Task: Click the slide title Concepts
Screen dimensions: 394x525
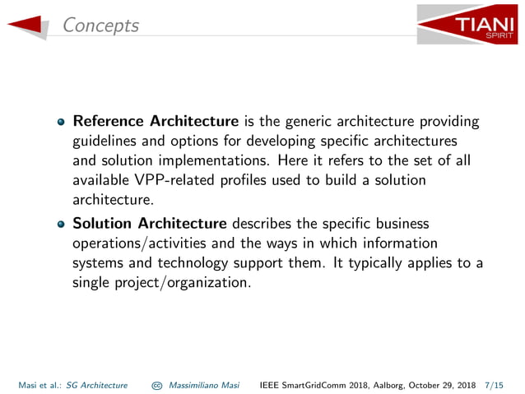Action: tap(101, 25)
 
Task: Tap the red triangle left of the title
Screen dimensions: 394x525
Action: tap(28, 25)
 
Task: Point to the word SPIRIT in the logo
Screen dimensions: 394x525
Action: tap(497, 36)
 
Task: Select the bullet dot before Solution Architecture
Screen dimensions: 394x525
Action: tap(61, 224)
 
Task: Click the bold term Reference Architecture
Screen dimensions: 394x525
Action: tap(156, 122)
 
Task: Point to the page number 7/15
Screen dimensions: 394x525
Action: tap(496, 384)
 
